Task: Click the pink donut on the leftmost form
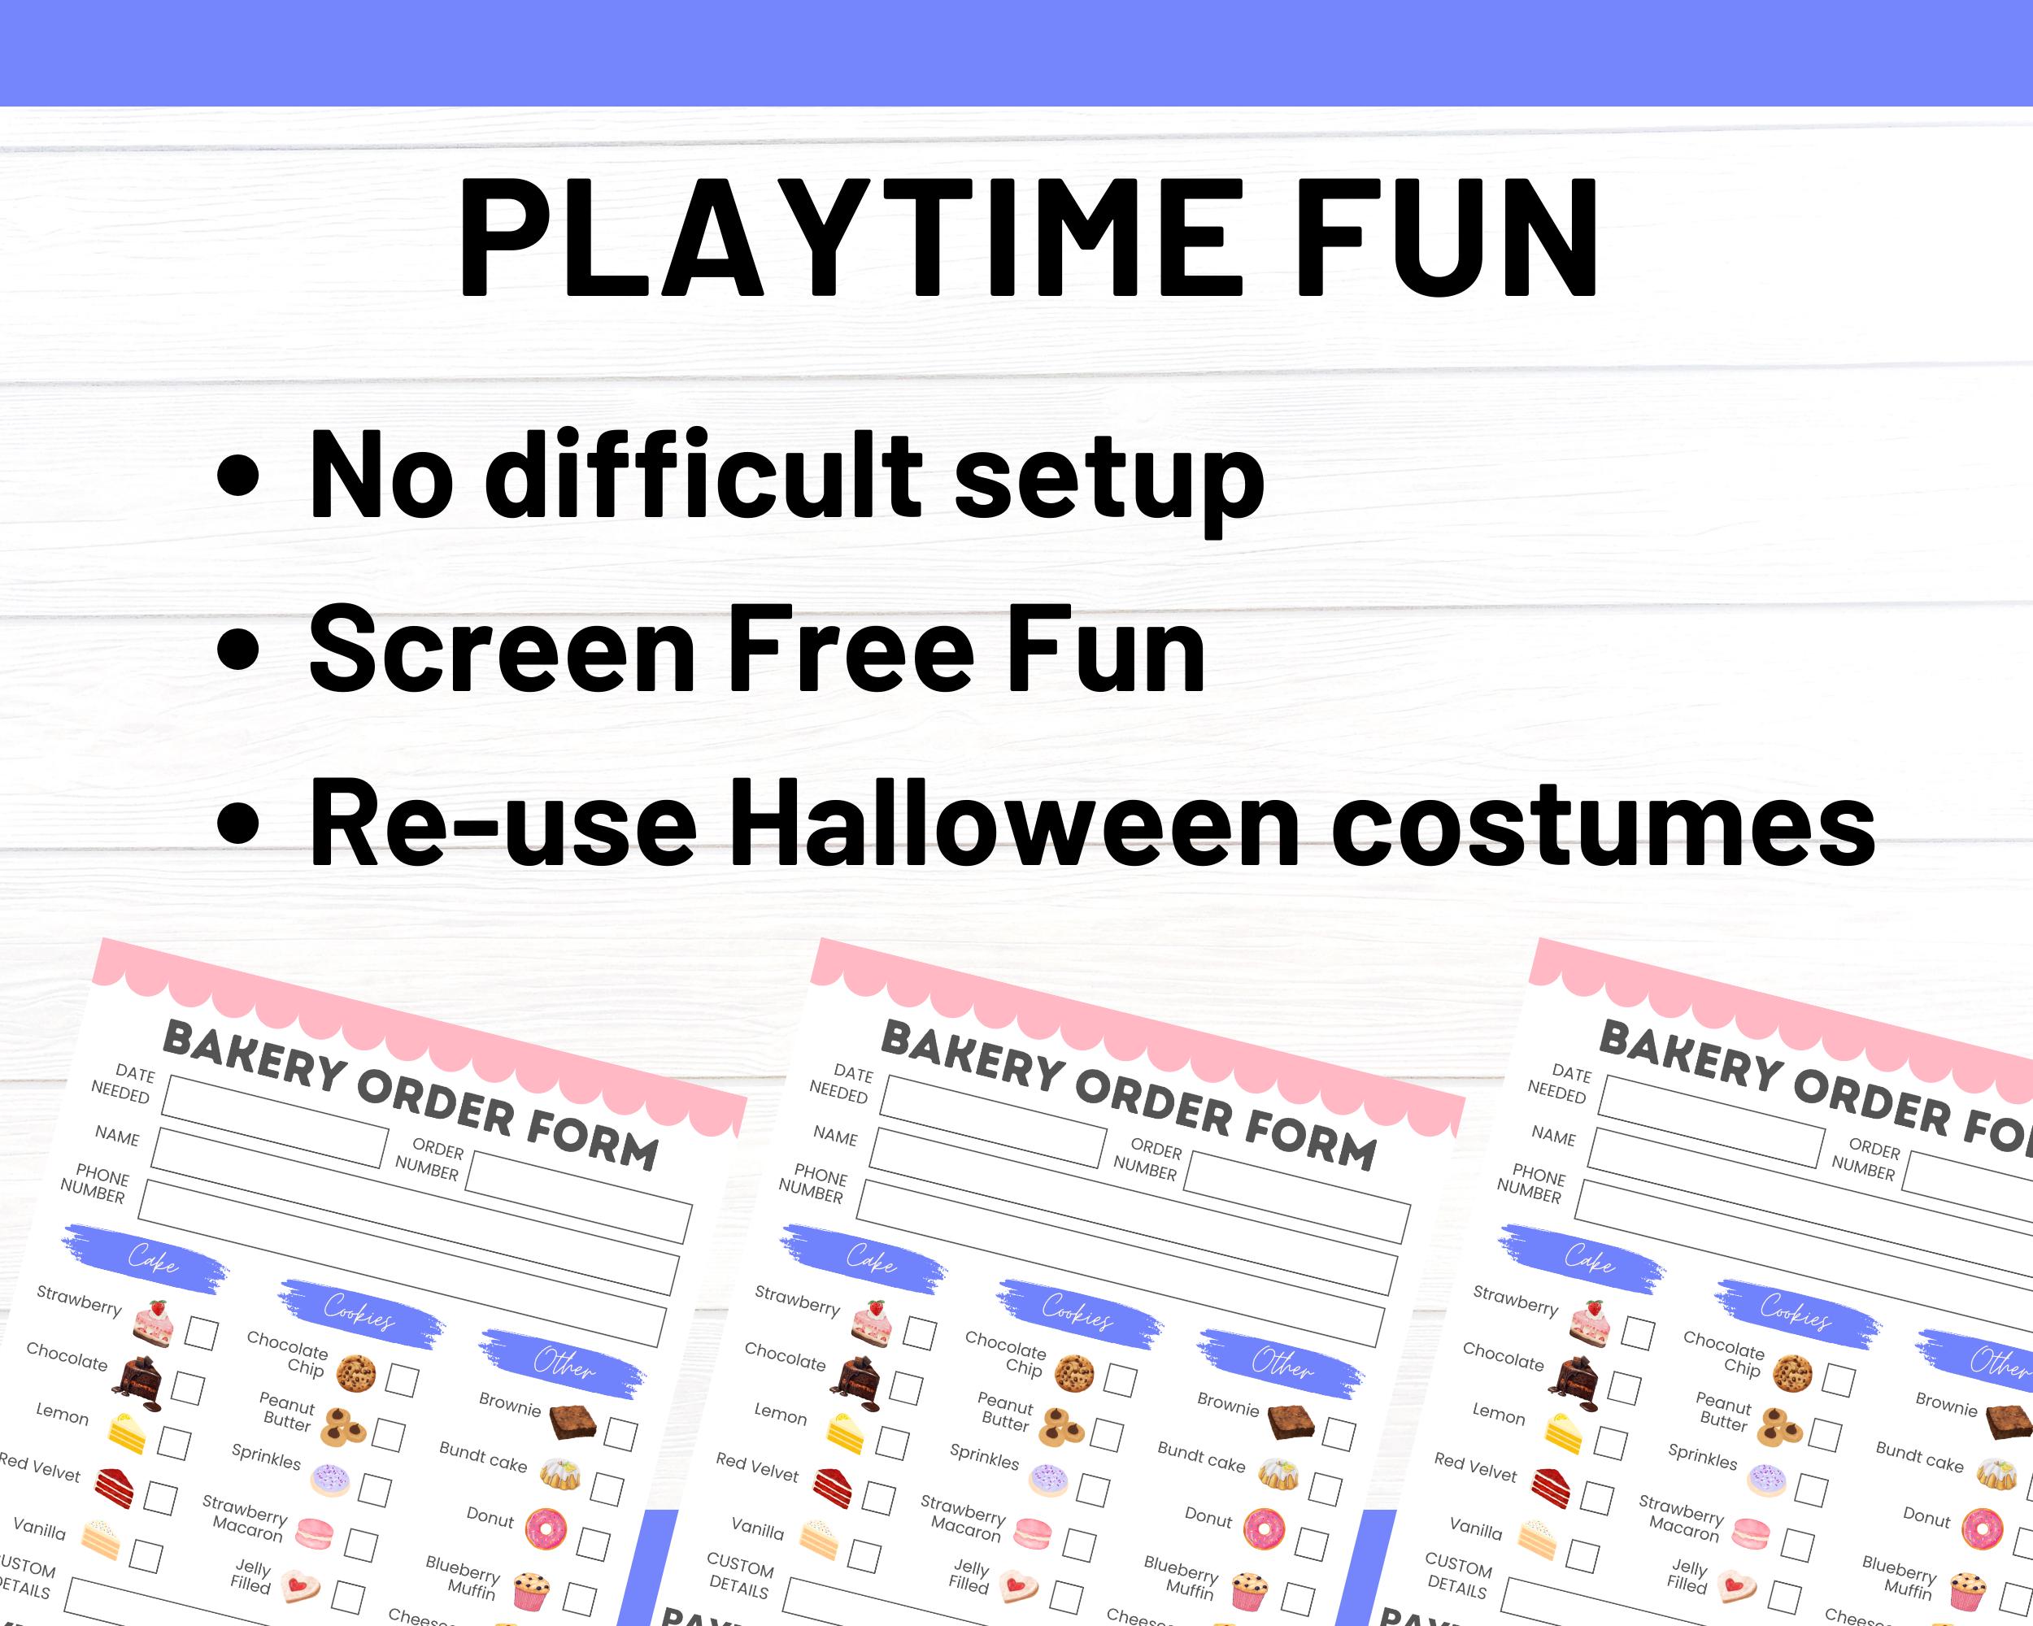[x=546, y=1529]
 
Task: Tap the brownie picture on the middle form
[x=1291, y=1420]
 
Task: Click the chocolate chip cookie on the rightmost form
[x=1791, y=1374]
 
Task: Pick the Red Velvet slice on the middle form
[x=834, y=1489]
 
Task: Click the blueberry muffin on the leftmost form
[x=532, y=1591]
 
